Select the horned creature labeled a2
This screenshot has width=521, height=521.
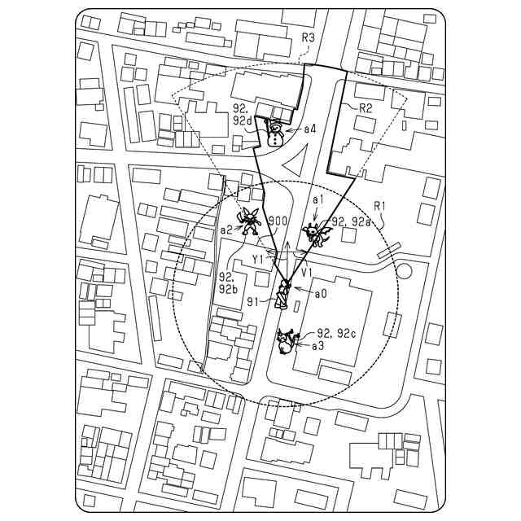[247, 219]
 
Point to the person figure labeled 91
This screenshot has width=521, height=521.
[283, 294]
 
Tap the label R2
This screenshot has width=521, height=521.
[366, 107]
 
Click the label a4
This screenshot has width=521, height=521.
[310, 129]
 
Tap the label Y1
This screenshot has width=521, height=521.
[258, 258]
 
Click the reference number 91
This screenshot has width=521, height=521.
[253, 300]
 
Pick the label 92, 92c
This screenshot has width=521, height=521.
[335, 333]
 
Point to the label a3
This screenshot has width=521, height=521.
[318, 346]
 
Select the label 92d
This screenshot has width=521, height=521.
[243, 120]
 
